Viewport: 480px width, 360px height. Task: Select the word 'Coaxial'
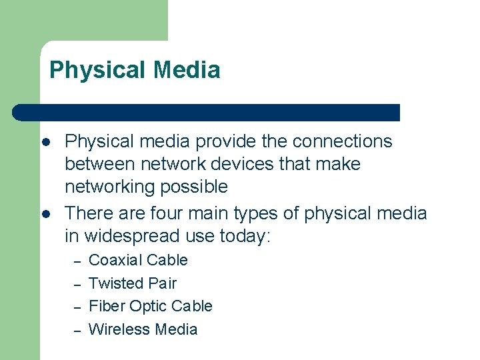click(x=115, y=260)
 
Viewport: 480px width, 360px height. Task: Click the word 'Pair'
click(x=162, y=283)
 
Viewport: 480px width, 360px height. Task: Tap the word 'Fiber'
click(x=106, y=306)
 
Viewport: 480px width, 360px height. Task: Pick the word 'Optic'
click(x=147, y=306)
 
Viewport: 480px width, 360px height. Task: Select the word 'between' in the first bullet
click(x=99, y=164)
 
